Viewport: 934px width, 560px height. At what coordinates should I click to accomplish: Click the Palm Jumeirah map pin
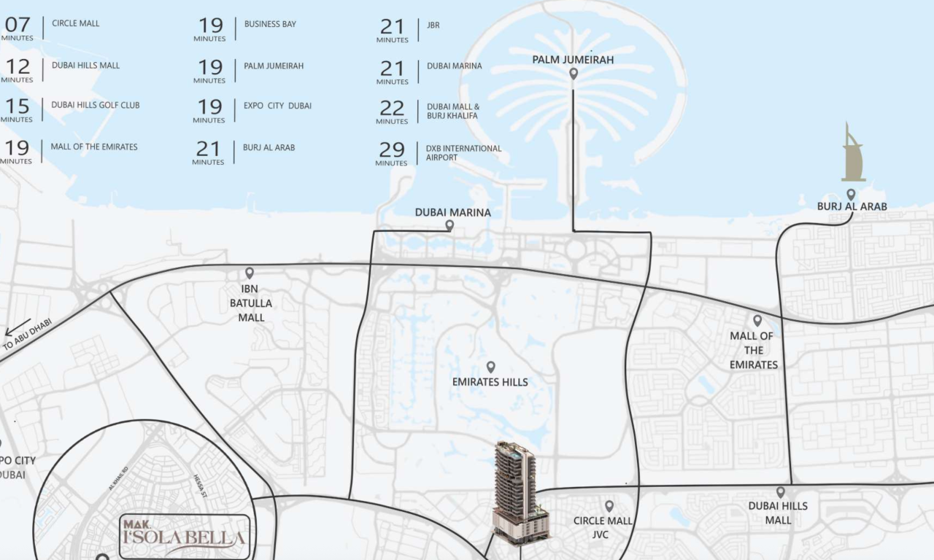coord(574,74)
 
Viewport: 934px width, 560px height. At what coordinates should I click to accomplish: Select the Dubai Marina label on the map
coord(452,212)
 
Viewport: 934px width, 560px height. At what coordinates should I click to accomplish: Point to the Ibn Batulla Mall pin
coord(250,273)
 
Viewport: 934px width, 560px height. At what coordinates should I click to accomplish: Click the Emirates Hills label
coord(490,381)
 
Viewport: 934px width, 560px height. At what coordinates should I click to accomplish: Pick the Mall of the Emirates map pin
coord(757,320)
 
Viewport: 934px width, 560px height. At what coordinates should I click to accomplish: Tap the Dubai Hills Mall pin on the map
coord(780,492)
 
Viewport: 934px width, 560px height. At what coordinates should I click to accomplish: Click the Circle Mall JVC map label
coord(602,528)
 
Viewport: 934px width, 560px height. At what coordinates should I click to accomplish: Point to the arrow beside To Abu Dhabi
coord(18,327)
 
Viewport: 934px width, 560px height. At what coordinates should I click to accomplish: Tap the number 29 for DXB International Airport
coord(392,149)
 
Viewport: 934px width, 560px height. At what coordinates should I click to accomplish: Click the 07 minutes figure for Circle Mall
coord(18,25)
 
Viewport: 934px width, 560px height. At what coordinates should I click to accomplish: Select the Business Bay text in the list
coord(270,24)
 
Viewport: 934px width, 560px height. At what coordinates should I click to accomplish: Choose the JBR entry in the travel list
coord(433,26)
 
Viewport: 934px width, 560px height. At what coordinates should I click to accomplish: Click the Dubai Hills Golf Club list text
coord(95,105)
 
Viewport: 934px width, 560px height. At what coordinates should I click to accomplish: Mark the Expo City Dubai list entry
coord(277,106)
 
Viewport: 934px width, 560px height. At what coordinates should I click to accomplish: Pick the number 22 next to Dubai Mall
coord(392,108)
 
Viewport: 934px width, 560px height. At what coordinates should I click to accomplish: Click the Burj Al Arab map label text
coord(852,206)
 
